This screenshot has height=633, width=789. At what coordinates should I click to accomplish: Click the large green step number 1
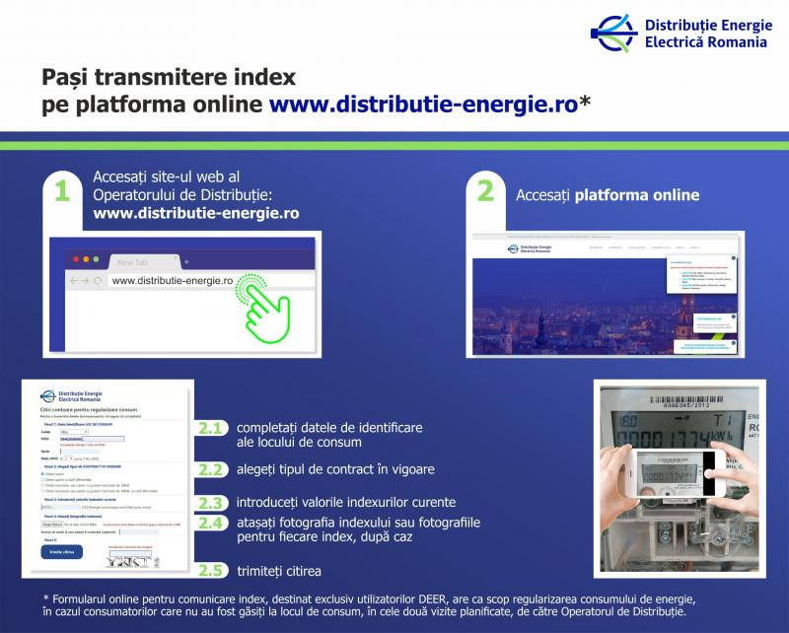(61, 191)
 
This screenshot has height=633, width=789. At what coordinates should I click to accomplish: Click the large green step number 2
(485, 191)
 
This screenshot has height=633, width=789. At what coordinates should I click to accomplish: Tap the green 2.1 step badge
(210, 429)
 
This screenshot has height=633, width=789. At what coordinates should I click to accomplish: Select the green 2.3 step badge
(210, 502)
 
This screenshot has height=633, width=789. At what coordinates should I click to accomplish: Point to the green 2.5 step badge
(210, 571)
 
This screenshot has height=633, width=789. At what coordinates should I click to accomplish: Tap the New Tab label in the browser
(132, 262)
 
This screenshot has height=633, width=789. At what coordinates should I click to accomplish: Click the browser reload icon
(98, 281)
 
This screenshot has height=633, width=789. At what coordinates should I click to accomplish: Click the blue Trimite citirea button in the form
(60, 553)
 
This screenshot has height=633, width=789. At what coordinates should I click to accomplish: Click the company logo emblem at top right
(612, 34)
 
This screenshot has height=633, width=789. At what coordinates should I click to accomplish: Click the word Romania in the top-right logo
(741, 42)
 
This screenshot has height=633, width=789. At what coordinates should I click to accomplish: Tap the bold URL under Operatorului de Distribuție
(196, 213)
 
